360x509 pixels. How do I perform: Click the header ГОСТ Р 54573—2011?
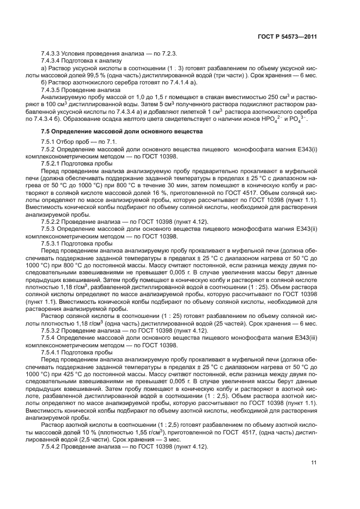click(x=287, y=36)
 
